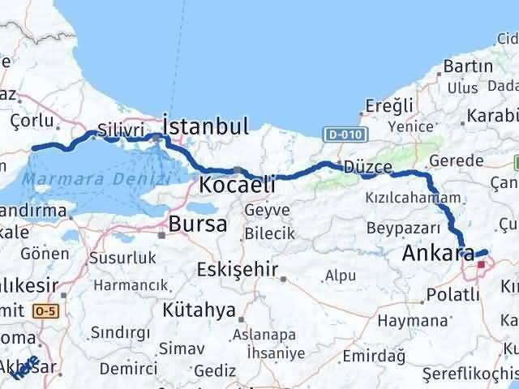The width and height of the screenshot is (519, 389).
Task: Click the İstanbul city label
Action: click(x=205, y=126)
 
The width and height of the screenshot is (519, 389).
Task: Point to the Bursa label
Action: click(x=198, y=224)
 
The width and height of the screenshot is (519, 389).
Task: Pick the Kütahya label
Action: click(x=199, y=310)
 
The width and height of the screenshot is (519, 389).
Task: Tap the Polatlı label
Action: click(x=453, y=294)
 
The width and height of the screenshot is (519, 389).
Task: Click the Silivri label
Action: click(x=120, y=130)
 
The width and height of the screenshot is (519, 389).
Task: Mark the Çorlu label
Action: click(x=32, y=121)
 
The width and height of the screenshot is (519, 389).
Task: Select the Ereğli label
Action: click(x=389, y=105)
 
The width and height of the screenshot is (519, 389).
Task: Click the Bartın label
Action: click(x=463, y=66)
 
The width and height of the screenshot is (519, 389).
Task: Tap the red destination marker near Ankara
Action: click(x=482, y=263)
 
